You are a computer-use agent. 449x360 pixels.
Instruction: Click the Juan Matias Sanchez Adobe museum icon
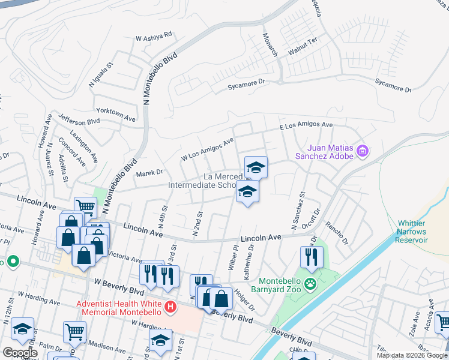[363, 151]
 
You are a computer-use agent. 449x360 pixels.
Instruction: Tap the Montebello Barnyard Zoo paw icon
[310, 283]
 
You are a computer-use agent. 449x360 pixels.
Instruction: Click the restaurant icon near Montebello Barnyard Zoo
[312, 257]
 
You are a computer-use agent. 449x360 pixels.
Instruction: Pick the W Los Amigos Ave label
[207, 149]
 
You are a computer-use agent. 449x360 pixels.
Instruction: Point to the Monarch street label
[270, 44]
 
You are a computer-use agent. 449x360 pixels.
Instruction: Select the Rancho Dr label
[336, 233]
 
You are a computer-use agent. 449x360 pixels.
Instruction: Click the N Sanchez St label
[298, 211]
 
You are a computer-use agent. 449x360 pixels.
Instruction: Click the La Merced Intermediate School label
[220, 181]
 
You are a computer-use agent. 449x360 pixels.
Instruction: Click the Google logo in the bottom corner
[20, 353]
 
